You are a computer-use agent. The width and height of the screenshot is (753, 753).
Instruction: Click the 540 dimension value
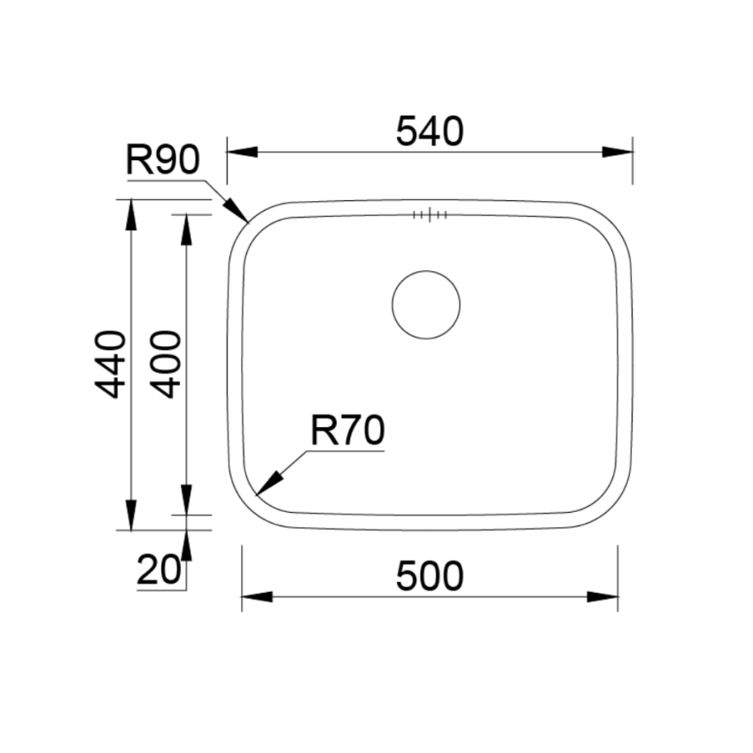(429, 132)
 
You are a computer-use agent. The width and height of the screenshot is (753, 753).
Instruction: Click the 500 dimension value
(429, 577)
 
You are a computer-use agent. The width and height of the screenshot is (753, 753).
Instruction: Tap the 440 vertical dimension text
(111, 364)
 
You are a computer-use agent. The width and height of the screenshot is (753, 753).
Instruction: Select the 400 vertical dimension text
(166, 364)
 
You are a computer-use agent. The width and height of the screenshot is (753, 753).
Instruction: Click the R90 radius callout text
(164, 161)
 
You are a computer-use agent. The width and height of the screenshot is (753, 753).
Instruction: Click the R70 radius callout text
(347, 431)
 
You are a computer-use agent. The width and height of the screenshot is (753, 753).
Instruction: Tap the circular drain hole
(426, 305)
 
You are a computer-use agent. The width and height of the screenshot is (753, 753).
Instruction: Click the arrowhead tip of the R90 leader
(247, 221)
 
